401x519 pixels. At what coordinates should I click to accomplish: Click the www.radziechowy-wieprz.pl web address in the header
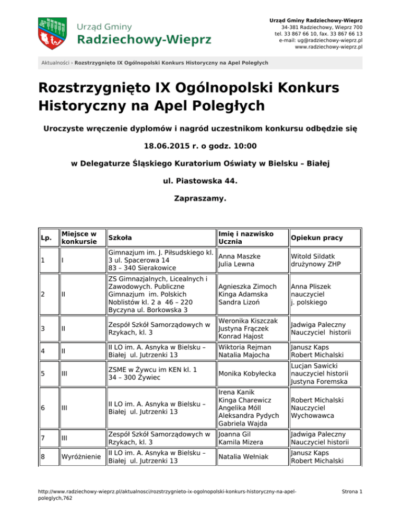[x=329, y=46]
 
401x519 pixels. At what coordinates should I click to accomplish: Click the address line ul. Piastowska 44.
[x=200, y=182]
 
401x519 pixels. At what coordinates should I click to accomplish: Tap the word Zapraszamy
[x=200, y=199]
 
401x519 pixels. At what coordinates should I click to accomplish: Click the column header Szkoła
[x=119, y=238]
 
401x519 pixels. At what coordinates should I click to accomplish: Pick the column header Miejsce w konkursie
[x=79, y=238]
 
